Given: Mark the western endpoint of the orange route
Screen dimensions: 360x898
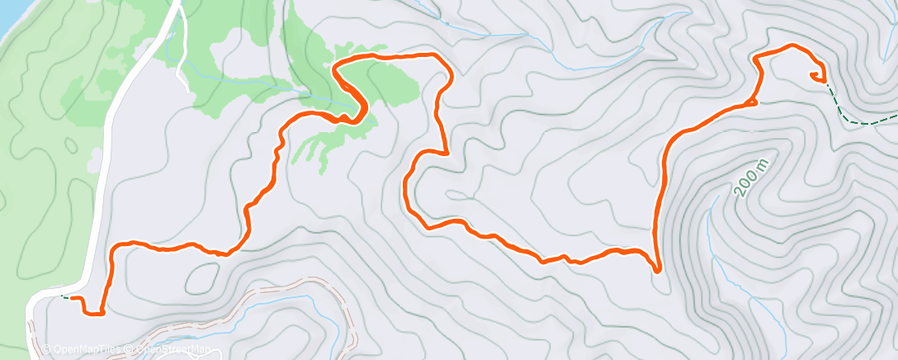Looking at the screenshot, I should coord(73,297).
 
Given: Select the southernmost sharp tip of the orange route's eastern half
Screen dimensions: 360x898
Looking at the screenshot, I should coord(657,269).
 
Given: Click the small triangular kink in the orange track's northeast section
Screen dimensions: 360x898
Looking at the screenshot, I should coord(753,102).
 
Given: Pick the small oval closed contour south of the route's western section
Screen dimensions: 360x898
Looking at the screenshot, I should coord(202,279).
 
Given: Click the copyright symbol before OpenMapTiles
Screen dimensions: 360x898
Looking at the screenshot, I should coord(47,350).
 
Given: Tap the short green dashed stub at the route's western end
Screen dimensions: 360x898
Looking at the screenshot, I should coord(64,296).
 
